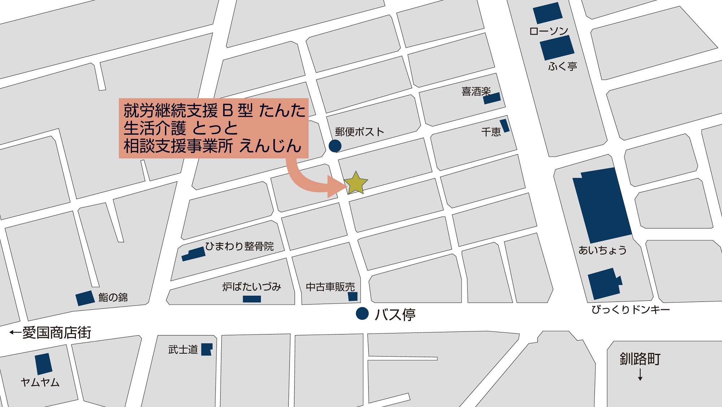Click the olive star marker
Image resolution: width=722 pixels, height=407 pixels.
click(356, 183)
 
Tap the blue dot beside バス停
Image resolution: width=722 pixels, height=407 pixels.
click(362, 313)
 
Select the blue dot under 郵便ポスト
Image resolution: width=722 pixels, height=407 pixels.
click(335, 146)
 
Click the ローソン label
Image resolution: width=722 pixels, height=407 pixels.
click(548, 31)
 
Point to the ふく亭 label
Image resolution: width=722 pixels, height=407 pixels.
click(562, 66)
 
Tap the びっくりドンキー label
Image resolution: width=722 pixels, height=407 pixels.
click(630, 309)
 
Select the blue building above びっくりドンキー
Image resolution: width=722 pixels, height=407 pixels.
click(604, 283)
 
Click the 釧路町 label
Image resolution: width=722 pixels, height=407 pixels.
click(640, 359)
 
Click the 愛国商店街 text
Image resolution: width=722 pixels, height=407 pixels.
click(57, 333)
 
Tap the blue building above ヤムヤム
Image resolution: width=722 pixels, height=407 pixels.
click(44, 364)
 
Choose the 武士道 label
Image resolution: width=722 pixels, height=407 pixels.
click(183, 350)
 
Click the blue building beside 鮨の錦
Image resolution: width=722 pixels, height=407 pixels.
click(85, 298)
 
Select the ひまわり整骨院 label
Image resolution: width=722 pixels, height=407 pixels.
click(239, 246)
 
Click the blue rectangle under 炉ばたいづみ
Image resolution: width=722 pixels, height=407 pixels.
click(252, 299)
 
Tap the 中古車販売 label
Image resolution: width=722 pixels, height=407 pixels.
click(330, 287)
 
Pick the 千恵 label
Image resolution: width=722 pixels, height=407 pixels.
click(491, 132)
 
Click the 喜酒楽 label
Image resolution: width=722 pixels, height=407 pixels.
click(476, 92)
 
